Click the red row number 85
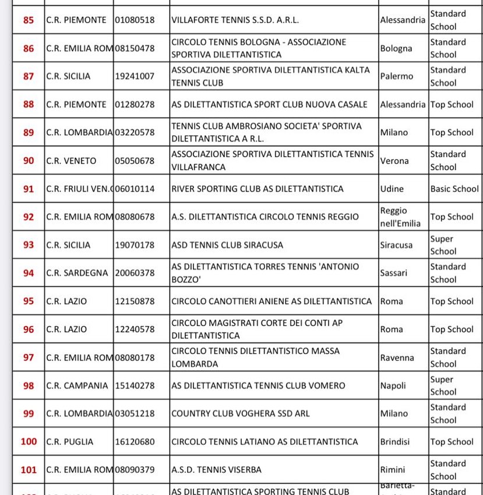point(28,20)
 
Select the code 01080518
point(135,20)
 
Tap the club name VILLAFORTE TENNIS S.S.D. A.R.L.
point(235,20)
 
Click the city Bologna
point(396,48)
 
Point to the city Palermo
point(396,76)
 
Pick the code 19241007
point(135,76)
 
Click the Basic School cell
point(454,189)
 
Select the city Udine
point(392,189)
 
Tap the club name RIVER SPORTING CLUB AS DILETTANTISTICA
point(257,189)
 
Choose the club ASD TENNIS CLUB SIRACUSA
point(227,245)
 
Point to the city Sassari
point(393,273)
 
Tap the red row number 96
point(28,330)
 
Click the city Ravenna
point(397,358)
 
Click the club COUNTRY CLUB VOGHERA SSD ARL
point(240,413)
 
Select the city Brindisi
point(396,441)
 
